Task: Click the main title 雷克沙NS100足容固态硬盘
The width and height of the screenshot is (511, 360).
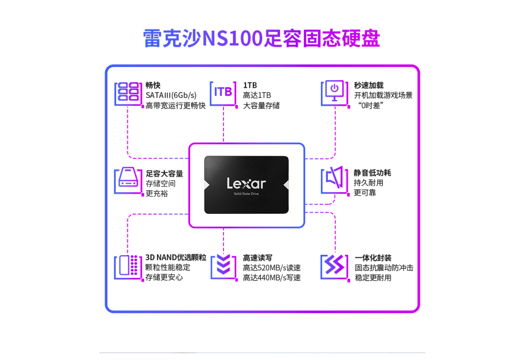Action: [261, 38]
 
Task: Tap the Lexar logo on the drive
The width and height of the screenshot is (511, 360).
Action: [246, 183]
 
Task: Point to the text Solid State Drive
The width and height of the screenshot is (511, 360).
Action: [247, 194]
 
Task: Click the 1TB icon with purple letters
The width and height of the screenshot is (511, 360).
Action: [223, 93]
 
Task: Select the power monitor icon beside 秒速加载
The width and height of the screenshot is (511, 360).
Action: [335, 93]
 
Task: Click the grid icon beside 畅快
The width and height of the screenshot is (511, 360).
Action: [128, 94]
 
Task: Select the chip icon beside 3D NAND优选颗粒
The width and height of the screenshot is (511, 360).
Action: [128, 267]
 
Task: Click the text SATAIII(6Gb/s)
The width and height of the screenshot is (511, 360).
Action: [171, 95]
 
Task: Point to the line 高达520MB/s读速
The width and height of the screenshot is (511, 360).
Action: [272, 268]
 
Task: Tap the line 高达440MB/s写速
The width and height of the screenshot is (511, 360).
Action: [272, 278]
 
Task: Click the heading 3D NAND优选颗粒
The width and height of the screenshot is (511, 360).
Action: [176, 257]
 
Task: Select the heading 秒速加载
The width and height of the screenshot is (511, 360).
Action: [369, 85]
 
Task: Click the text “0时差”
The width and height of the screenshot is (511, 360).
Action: [371, 106]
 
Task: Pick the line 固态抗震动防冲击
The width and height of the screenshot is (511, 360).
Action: [384, 268]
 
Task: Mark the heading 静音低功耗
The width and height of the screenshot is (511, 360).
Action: [372, 173]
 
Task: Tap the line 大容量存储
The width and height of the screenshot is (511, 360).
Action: [261, 106]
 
